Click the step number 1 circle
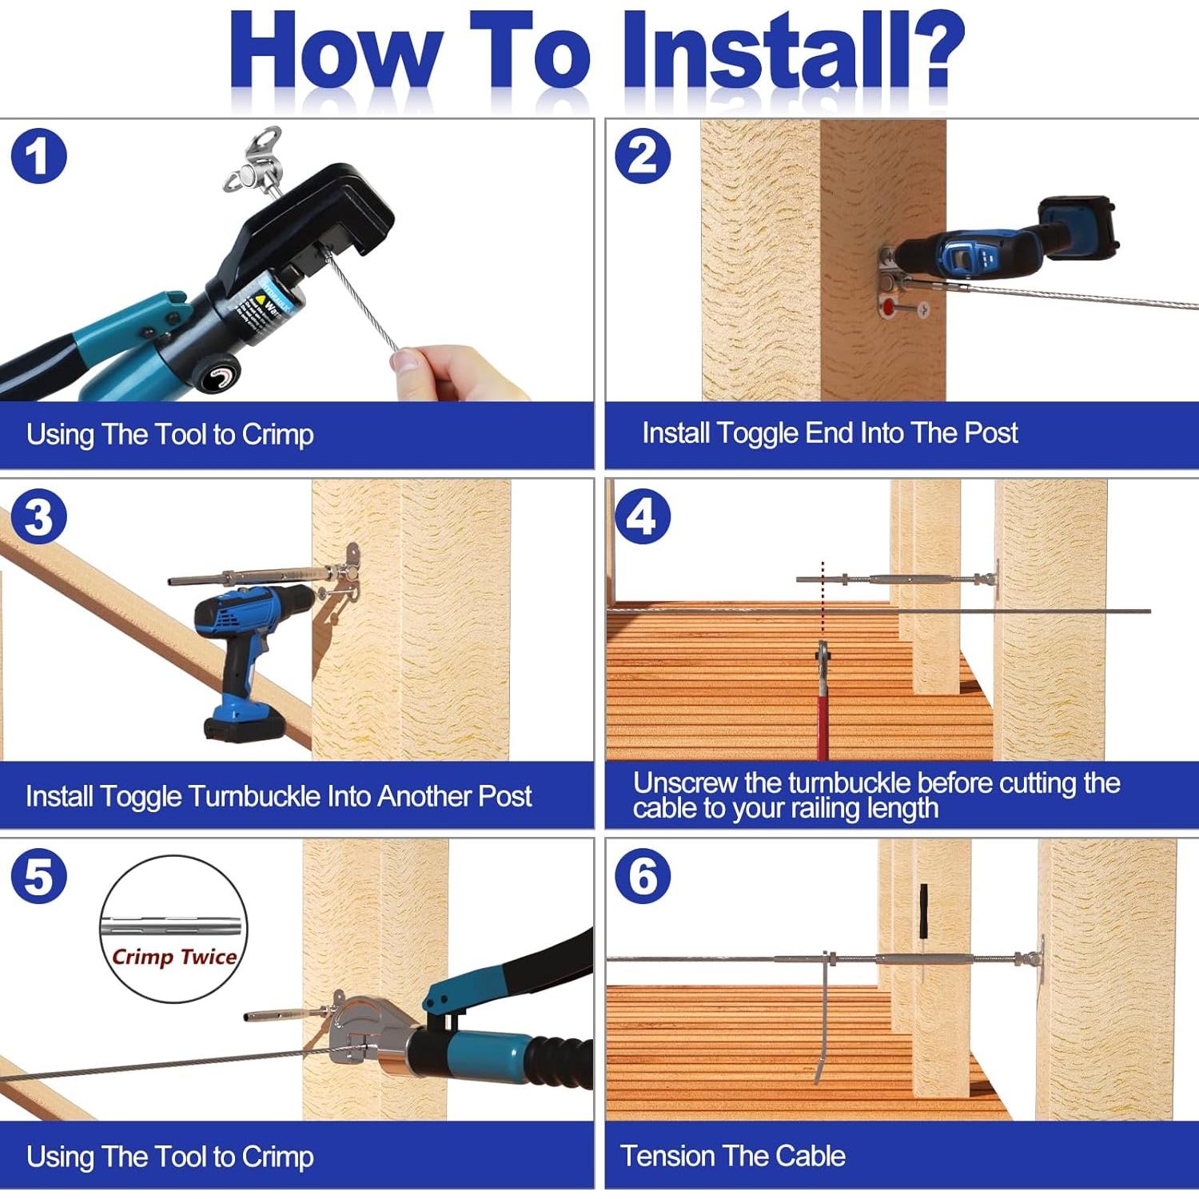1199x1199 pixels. tap(38, 156)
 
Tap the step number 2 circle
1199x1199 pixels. tap(643, 156)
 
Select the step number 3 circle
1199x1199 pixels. tap(38, 516)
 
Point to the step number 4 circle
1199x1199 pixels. tap(643, 516)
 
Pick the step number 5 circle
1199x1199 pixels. tap(38, 877)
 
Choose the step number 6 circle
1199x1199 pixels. tap(643, 877)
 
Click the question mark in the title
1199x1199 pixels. tap(934, 50)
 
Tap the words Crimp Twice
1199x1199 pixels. tap(174, 957)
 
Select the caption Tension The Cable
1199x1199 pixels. tap(733, 1156)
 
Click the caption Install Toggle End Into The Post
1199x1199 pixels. tap(830, 433)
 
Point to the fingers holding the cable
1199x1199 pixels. tap(452, 372)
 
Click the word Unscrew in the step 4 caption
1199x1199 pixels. tap(683, 783)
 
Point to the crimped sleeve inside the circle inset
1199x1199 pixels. tap(173, 927)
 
